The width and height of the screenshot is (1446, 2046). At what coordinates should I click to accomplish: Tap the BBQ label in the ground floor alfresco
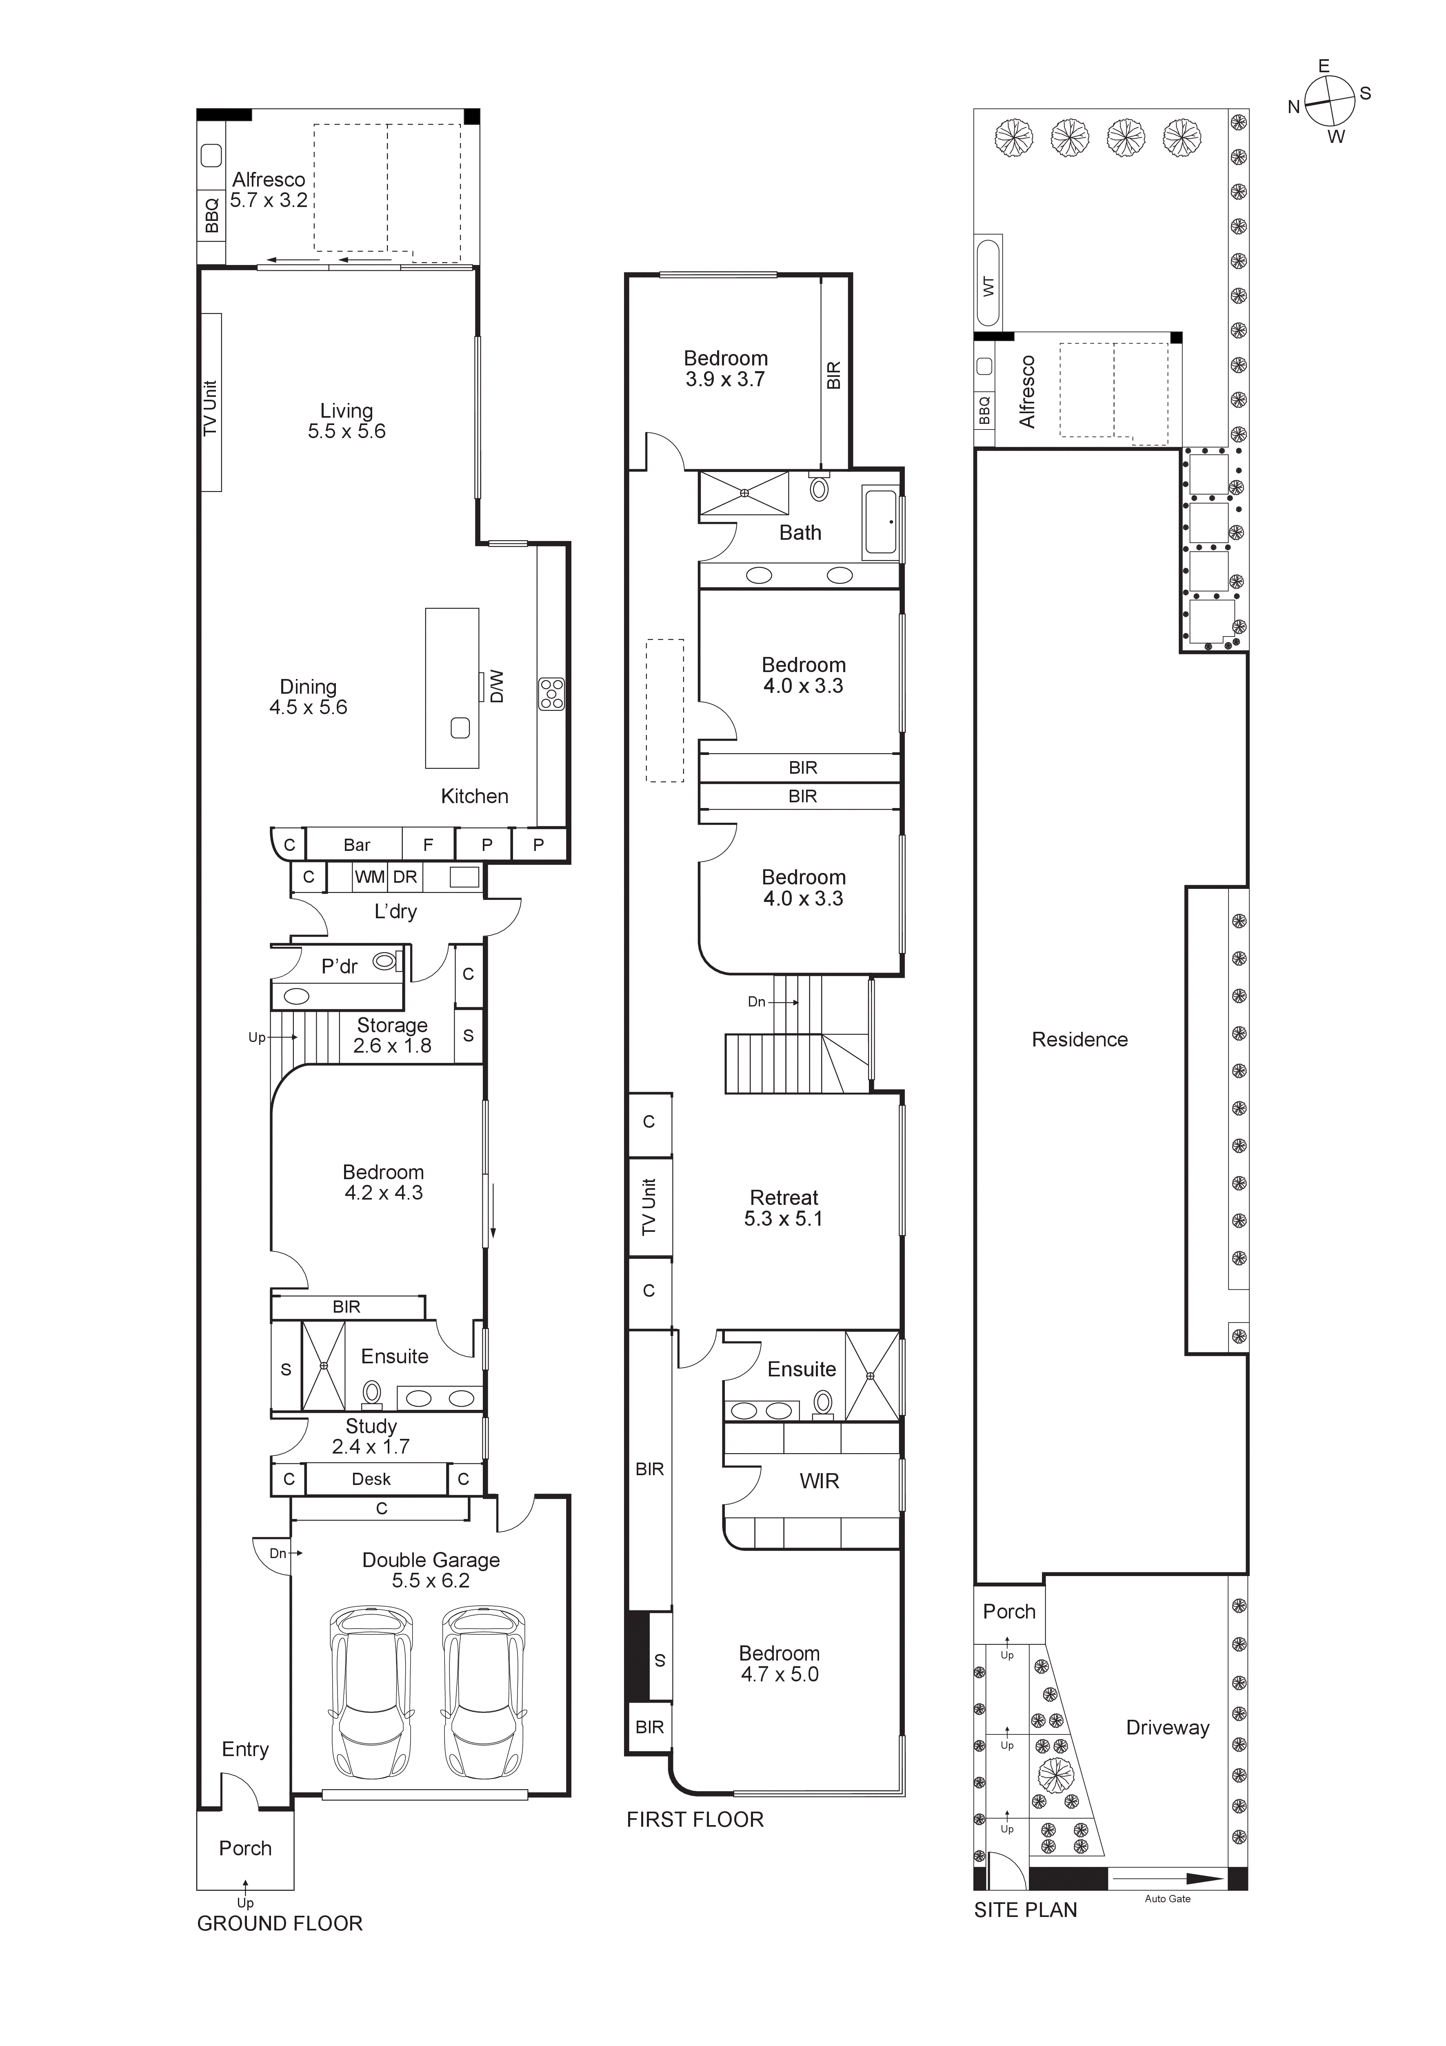coord(211,216)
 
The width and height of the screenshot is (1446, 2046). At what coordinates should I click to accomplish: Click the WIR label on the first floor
coord(819,1481)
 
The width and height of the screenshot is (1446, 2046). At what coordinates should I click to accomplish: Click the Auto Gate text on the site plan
coord(1167,1899)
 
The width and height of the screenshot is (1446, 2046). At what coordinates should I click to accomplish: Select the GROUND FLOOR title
coord(280,1924)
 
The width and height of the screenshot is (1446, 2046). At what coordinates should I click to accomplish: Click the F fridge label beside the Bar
coord(428,845)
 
